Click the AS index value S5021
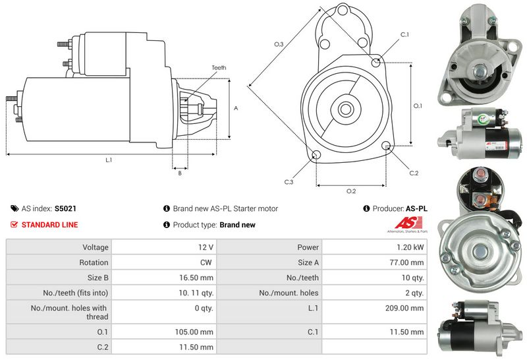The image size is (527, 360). pyautogui.click(x=65, y=208)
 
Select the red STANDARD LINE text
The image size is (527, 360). pyautogui.click(x=49, y=225)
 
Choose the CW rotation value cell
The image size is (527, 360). pyautogui.click(x=206, y=262)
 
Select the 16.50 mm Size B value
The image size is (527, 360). pyautogui.click(x=198, y=278)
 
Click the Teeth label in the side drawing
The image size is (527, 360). pyautogui.click(x=219, y=67)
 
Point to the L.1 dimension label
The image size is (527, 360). pyautogui.click(x=108, y=160)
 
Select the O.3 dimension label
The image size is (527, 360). pyautogui.click(x=279, y=44)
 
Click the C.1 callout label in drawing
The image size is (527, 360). pyautogui.click(x=404, y=34)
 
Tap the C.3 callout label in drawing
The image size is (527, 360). pyautogui.click(x=289, y=181)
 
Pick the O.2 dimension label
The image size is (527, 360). pyautogui.click(x=351, y=191)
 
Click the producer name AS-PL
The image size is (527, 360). pyautogui.click(x=416, y=208)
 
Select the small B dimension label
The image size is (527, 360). pyautogui.click(x=180, y=173)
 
